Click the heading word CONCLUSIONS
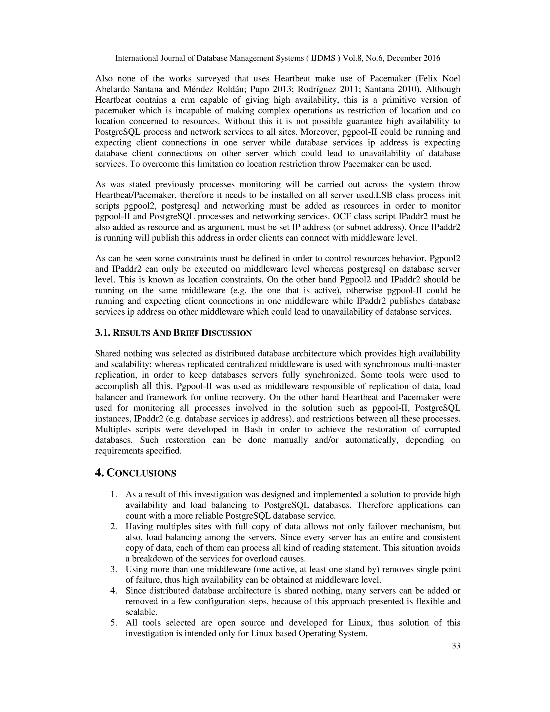[x=142, y=473]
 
